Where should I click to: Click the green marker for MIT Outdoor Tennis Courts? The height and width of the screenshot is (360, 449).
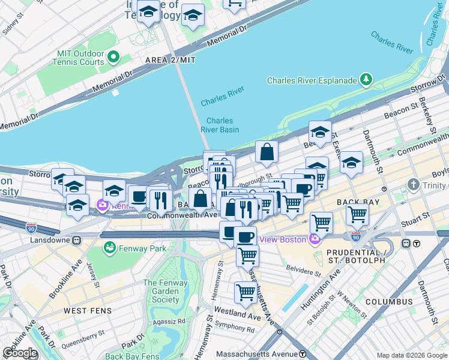click(x=113, y=58)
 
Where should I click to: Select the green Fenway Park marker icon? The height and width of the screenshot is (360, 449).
click(x=109, y=248)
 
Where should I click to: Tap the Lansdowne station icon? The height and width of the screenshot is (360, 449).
click(x=76, y=240)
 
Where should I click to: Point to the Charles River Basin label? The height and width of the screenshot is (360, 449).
click(x=220, y=125)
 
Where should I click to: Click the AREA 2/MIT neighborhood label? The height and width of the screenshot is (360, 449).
click(x=170, y=61)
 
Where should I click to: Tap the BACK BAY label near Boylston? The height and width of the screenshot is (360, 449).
click(x=359, y=202)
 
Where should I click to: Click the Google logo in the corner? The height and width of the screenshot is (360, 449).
click(x=20, y=353)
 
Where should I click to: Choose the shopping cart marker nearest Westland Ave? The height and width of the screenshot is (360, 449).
click(x=246, y=293)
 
